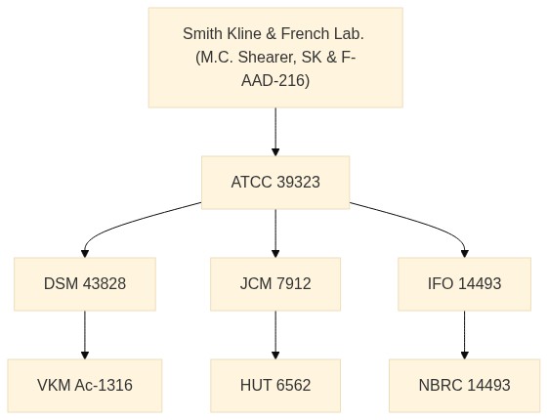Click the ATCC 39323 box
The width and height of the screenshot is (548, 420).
(x=275, y=183)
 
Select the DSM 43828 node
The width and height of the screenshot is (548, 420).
(x=85, y=284)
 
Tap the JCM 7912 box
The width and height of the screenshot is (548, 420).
(x=275, y=284)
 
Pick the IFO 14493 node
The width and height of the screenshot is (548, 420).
(x=464, y=284)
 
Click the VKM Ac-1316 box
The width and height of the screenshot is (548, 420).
(x=85, y=386)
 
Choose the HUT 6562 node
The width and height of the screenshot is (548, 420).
(x=275, y=386)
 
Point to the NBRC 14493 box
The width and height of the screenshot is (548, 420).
(x=464, y=386)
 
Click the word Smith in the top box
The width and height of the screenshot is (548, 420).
(x=203, y=33)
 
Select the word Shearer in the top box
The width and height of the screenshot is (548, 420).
(x=267, y=58)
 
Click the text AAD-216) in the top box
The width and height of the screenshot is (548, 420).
(x=275, y=81)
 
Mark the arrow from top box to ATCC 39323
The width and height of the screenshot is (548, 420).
(x=275, y=132)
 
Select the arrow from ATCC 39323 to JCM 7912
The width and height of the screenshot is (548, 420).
(x=275, y=233)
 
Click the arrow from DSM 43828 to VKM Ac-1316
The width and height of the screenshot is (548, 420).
(x=85, y=335)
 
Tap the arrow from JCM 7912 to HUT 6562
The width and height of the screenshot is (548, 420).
(x=275, y=335)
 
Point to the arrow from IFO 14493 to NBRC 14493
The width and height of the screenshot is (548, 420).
(x=464, y=335)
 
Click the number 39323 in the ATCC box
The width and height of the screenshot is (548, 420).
(x=298, y=183)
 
